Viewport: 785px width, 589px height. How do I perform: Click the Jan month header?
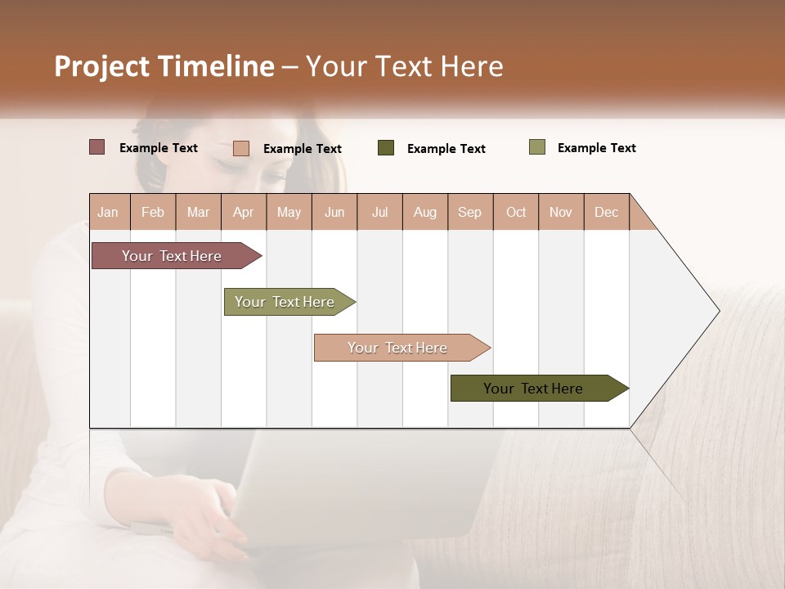tap(108, 212)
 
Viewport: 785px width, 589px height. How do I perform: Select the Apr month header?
tap(243, 212)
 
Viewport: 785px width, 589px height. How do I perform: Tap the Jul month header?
tap(379, 212)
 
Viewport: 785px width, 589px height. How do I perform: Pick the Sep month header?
tap(469, 212)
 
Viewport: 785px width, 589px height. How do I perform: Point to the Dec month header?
tap(606, 212)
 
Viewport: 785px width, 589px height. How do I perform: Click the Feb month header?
tap(153, 212)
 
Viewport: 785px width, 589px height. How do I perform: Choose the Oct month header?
tap(516, 212)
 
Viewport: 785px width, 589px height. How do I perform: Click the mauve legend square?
tap(96, 147)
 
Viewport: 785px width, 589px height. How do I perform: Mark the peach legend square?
tap(240, 148)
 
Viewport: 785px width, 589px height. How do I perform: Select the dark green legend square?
tap(386, 148)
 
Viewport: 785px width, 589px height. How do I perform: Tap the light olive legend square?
tap(536, 147)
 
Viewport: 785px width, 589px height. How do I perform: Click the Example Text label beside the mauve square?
tap(159, 148)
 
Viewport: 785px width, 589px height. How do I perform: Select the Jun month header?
tap(334, 212)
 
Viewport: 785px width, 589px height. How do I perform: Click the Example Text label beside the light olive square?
tap(597, 148)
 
